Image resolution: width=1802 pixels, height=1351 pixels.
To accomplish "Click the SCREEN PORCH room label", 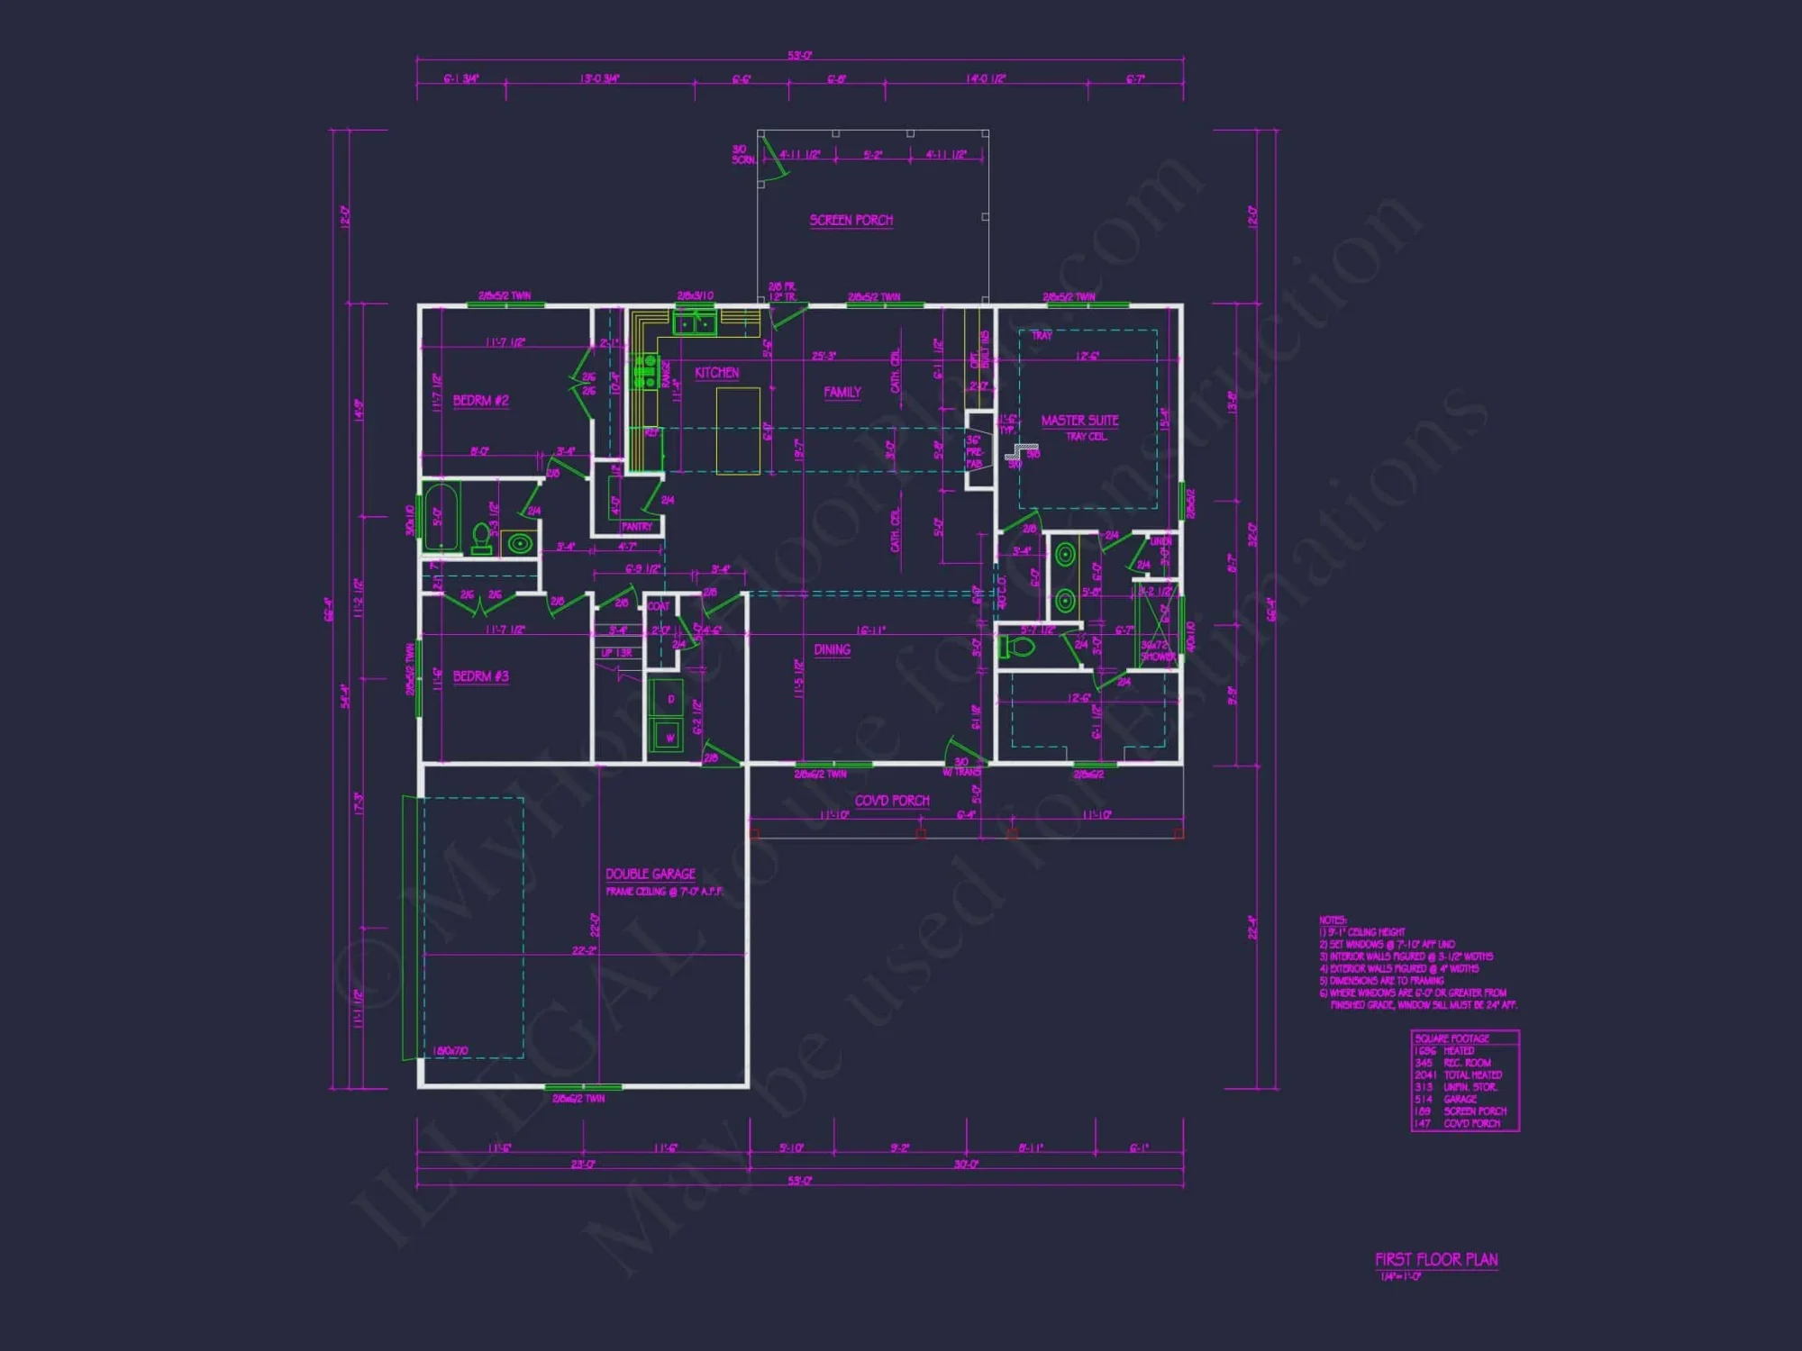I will [x=851, y=220].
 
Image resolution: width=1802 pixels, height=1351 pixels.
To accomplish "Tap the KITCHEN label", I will [x=716, y=373].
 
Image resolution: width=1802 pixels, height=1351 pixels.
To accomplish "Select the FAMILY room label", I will [x=842, y=392].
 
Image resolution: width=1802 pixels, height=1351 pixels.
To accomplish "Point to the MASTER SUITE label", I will [x=1079, y=421].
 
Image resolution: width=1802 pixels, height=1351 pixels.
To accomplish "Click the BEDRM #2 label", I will [x=480, y=401].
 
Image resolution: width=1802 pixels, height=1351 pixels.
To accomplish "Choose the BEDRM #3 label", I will [x=480, y=676].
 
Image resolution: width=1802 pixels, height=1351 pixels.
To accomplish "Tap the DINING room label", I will [x=832, y=649].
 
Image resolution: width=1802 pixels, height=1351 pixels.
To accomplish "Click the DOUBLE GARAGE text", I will [x=650, y=874].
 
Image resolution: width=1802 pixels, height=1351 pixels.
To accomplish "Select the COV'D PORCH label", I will [x=891, y=801].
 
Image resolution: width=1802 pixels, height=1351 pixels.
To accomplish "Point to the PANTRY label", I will [x=637, y=526].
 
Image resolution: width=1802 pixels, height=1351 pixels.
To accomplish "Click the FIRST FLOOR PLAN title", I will [x=1436, y=1260].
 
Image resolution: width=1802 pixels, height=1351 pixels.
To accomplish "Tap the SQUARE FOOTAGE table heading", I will [x=1452, y=1038].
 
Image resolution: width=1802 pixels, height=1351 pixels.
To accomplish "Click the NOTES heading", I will [x=1332, y=920].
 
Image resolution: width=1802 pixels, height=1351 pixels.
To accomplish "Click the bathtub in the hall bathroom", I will [x=441, y=517].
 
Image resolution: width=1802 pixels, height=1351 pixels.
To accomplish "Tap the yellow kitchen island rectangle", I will [x=738, y=430].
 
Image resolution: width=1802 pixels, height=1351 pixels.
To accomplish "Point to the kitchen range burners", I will [x=646, y=371].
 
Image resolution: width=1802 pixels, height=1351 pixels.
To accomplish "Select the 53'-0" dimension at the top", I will [x=799, y=56].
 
